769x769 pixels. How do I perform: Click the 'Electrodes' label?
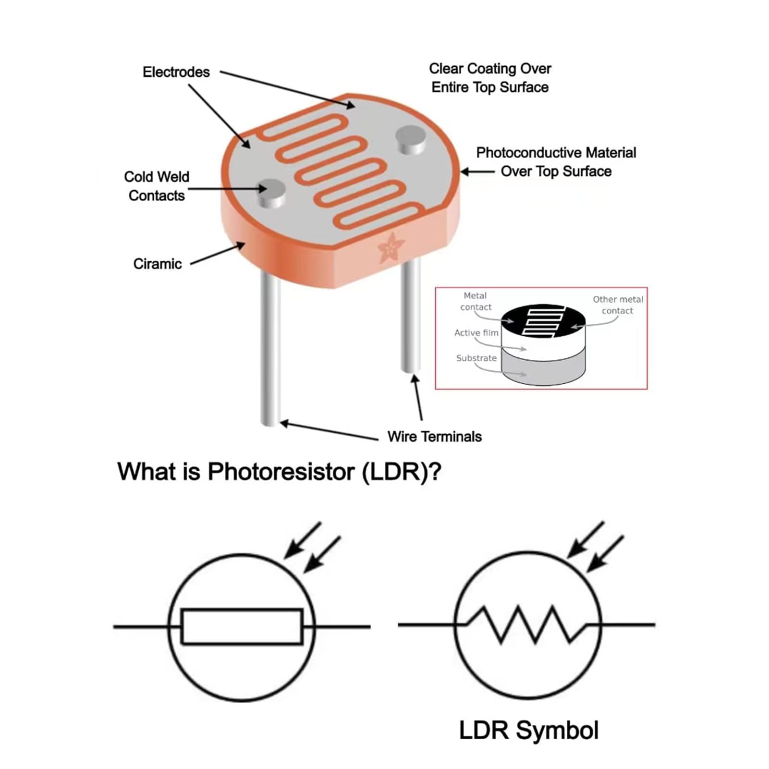(176, 72)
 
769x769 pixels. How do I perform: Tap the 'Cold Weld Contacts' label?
(157, 186)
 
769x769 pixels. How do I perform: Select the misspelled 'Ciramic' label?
(158, 264)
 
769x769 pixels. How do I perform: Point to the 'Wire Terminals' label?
(435, 437)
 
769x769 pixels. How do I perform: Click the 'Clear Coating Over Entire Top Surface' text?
(490, 78)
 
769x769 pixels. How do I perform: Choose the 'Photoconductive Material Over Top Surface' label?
(556, 162)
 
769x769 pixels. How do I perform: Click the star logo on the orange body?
(391, 247)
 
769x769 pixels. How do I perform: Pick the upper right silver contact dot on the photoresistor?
(411, 139)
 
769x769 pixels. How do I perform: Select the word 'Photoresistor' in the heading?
(281, 472)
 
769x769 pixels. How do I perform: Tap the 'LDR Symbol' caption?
(529, 731)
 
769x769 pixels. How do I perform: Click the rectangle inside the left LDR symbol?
(242, 626)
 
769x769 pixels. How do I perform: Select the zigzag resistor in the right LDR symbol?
(527, 624)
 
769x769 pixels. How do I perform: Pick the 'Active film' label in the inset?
(476, 332)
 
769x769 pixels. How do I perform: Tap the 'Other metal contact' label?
(618, 305)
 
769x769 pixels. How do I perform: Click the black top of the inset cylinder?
(543, 321)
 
